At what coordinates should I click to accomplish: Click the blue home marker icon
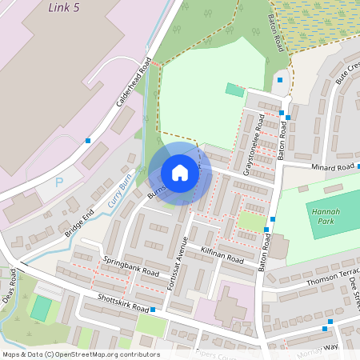[180, 173]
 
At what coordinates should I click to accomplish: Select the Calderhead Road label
[134, 82]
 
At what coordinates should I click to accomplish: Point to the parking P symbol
[58, 182]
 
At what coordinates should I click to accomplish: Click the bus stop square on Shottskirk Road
[152, 309]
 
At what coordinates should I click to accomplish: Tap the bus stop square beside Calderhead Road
[88, 141]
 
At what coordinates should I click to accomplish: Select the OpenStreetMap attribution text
[80, 354]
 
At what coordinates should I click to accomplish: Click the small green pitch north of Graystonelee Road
[234, 89]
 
